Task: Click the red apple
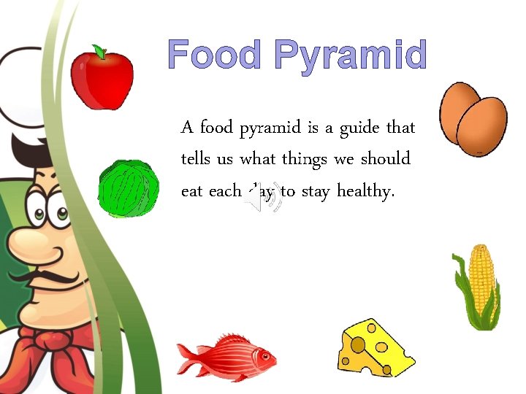[102, 78]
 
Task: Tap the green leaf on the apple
[99, 51]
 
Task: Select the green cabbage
[129, 189]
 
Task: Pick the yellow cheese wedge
[373, 348]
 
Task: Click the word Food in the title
[214, 55]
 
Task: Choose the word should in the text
[385, 159]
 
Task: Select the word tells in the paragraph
[197, 159]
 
